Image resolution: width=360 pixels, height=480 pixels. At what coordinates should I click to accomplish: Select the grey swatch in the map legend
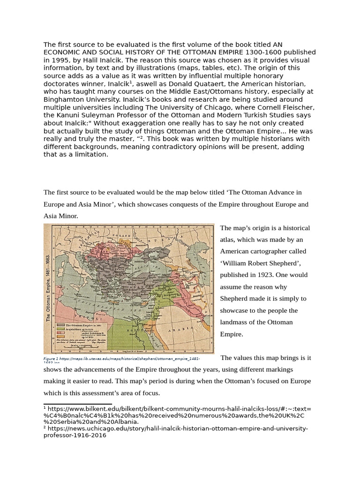[x=61, y=324]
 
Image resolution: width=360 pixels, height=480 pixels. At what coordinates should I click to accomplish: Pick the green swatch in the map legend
[x=61, y=329]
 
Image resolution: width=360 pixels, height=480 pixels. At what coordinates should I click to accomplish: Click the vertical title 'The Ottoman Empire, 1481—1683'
[x=48, y=288]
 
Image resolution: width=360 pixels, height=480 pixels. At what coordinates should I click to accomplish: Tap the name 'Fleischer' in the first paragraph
[x=297, y=107]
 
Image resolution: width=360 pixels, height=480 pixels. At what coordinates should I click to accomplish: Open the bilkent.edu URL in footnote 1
[x=178, y=409]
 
